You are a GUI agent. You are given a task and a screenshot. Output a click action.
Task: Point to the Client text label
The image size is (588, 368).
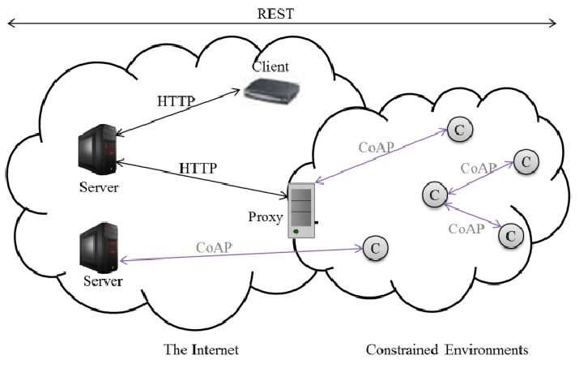coord(271,65)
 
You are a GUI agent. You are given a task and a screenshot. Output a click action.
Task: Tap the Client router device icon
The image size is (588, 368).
coord(271,88)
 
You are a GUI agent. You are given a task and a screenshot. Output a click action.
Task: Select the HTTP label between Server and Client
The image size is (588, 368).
coord(176,102)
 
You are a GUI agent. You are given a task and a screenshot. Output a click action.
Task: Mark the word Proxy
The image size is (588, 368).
coord(267,217)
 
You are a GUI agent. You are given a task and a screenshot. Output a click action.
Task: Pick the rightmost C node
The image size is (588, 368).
coord(525,161)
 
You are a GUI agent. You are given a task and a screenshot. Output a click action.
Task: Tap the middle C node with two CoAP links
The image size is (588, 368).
coord(435,195)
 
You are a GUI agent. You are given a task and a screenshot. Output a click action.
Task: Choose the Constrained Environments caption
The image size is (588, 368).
coord(446,350)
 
